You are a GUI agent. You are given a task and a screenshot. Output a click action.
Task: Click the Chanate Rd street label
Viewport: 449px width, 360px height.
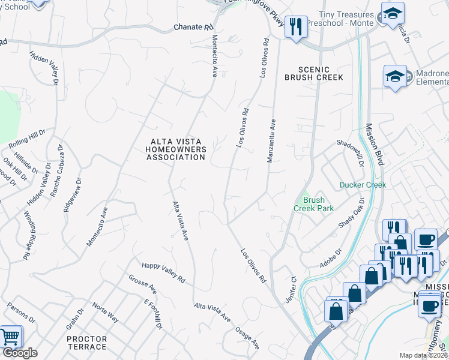click(193, 28)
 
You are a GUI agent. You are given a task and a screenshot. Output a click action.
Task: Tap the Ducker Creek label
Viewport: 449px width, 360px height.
click(363, 185)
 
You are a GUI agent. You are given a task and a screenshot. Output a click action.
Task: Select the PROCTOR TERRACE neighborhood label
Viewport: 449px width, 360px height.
click(86, 343)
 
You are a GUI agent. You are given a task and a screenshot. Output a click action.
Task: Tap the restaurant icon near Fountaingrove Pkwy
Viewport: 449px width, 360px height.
click(295, 28)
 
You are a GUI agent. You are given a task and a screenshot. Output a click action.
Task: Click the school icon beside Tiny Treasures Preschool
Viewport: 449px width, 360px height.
click(393, 14)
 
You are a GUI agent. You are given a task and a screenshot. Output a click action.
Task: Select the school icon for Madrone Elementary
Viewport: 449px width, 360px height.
click(396, 76)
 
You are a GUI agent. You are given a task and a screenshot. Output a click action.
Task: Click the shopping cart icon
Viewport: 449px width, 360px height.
click(10, 337)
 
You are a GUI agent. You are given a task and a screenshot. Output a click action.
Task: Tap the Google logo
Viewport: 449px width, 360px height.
click(19, 353)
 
